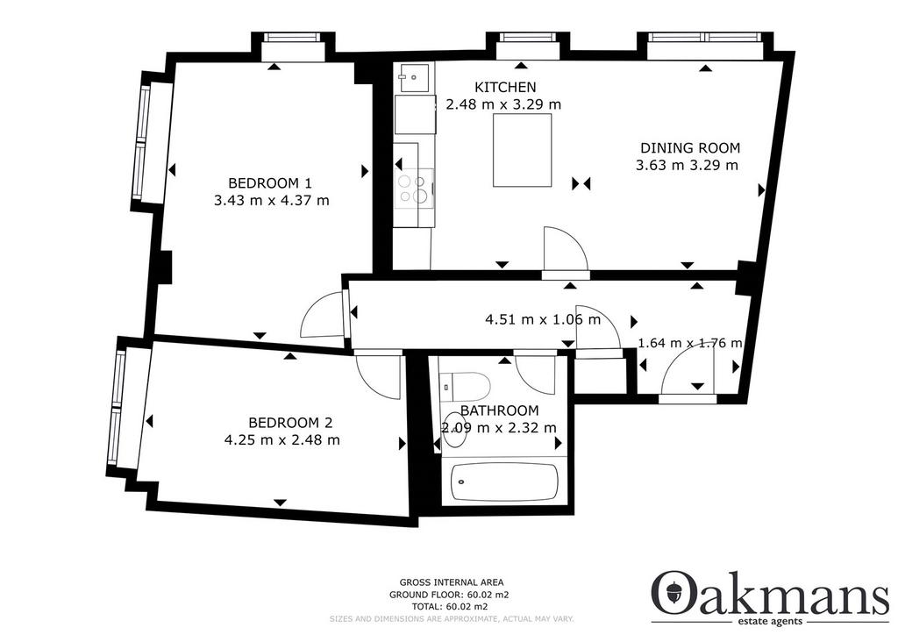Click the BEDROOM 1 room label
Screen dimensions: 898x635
tap(270, 183)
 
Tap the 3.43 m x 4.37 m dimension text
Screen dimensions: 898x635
tap(272, 201)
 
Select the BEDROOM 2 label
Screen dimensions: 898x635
tap(290, 423)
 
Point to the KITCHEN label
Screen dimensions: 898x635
tap(506, 87)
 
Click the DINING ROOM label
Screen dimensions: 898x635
tap(690, 147)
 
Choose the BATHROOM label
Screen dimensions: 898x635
tap(499, 410)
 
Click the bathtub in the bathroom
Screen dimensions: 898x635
tap(504, 481)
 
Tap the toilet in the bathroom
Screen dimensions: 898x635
tap(465, 386)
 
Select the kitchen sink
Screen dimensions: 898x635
tap(415, 76)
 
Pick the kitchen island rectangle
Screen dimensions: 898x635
tap(523, 150)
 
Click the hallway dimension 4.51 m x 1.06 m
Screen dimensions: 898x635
tap(543, 319)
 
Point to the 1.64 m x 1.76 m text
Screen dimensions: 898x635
tap(690, 343)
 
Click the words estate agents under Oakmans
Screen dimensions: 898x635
tap(771, 622)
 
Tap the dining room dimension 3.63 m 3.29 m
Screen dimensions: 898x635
tap(688, 166)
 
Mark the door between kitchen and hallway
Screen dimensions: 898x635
tap(566, 250)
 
